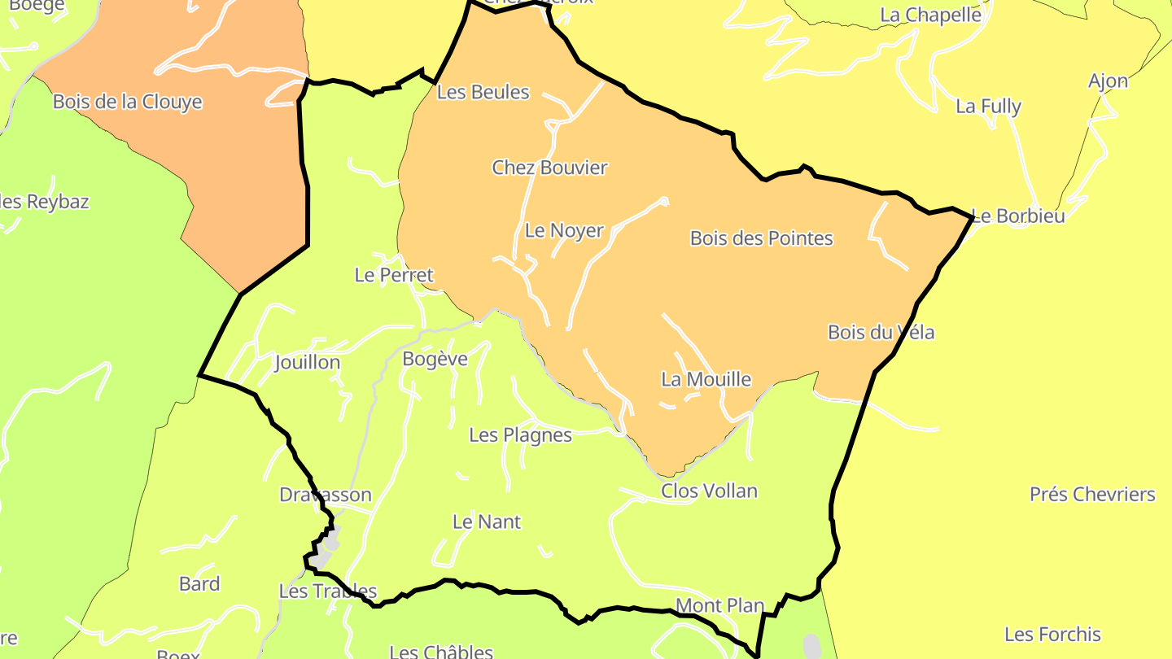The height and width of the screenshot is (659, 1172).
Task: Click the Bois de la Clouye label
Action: [x=127, y=102]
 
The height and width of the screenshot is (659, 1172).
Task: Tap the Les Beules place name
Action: [x=483, y=92]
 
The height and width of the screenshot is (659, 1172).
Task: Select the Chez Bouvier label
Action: [x=550, y=168]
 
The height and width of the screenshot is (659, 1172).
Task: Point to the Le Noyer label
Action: [x=564, y=230]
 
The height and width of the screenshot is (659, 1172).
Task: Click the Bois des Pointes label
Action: [x=762, y=238]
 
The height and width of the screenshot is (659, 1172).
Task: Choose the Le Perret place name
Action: [x=394, y=275]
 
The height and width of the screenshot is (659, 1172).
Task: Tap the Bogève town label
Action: [x=435, y=359]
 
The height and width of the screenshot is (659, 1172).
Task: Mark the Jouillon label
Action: [x=307, y=362]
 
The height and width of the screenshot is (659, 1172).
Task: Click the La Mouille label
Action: [x=706, y=379]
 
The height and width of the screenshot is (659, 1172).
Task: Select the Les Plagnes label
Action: [x=521, y=435]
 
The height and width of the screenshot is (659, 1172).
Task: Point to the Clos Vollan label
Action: [x=709, y=491]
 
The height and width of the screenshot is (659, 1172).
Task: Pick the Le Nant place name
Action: [x=487, y=522]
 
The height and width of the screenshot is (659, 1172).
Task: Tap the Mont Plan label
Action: [x=719, y=605]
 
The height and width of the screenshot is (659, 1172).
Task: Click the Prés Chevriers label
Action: [x=1092, y=494]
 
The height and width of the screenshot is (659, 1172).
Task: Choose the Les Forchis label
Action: [x=1052, y=634]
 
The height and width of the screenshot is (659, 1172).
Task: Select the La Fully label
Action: [x=988, y=106]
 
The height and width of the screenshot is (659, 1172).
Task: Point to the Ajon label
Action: [x=1109, y=81]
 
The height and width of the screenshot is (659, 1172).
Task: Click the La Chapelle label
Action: [x=931, y=15]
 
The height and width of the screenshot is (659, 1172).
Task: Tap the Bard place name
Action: [x=199, y=583]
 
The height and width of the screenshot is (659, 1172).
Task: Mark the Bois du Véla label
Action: [x=881, y=332]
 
